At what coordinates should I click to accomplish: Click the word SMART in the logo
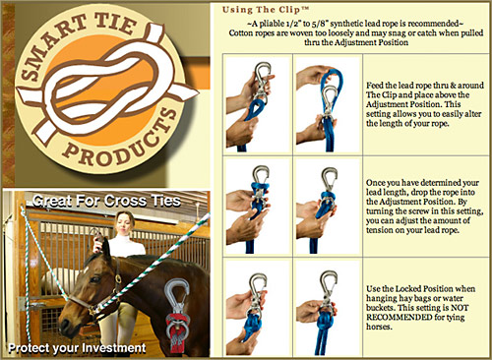(48, 50)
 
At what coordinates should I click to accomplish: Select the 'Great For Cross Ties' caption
(106, 201)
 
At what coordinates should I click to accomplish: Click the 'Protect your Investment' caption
(77, 348)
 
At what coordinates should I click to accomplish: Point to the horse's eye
(94, 279)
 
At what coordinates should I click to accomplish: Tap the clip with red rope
(177, 315)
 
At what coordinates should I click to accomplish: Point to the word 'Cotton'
(240, 33)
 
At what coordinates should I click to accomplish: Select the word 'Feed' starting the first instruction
(374, 86)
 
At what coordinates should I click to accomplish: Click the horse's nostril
(64, 325)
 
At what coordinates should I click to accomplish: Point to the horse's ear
(105, 248)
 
